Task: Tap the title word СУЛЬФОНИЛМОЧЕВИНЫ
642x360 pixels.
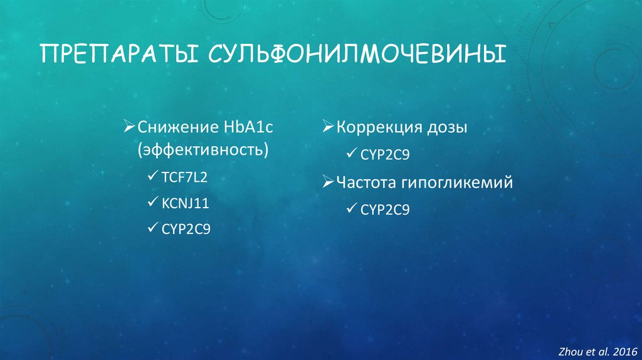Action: pyautogui.click(x=352, y=53)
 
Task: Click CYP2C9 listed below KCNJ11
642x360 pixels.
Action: pyautogui.click(x=186, y=229)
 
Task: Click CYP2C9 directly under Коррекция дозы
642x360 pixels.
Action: pyautogui.click(x=386, y=154)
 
